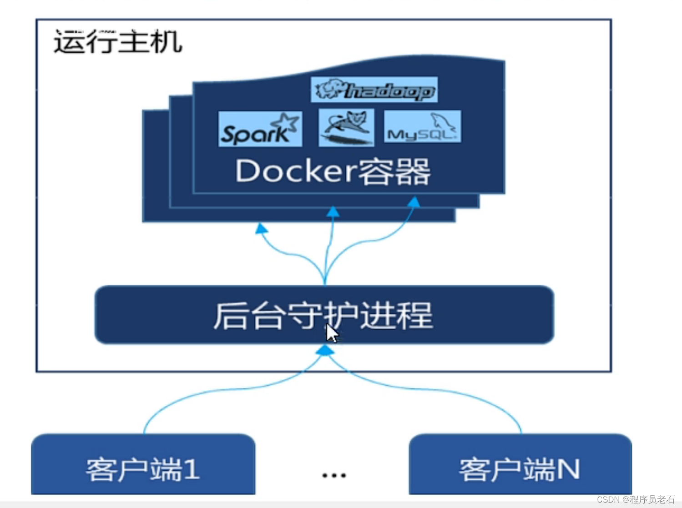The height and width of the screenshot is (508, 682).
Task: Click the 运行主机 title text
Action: [x=118, y=42]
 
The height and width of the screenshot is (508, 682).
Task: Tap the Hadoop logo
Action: [x=374, y=90]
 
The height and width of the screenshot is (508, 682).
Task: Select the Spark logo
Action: [x=260, y=129]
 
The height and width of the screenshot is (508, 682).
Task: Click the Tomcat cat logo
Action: [x=346, y=127]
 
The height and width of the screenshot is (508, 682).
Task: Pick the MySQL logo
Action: [x=422, y=127]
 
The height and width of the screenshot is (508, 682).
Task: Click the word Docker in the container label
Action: [x=295, y=171]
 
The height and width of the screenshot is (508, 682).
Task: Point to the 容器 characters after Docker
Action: [x=394, y=172]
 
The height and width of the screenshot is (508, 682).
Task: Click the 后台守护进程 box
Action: [x=324, y=315]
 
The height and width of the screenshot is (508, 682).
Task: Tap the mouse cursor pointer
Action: [x=332, y=333]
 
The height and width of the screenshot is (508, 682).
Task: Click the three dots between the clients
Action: [x=334, y=475]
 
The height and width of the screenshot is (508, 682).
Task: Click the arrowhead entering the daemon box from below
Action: [x=325, y=350]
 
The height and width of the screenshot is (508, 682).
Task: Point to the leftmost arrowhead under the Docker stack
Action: [x=261, y=228]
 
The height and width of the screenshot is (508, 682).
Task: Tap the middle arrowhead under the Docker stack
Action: [x=333, y=211]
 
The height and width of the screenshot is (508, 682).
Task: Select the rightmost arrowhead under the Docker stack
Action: [x=414, y=202]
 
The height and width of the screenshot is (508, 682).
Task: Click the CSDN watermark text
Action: [x=636, y=499]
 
